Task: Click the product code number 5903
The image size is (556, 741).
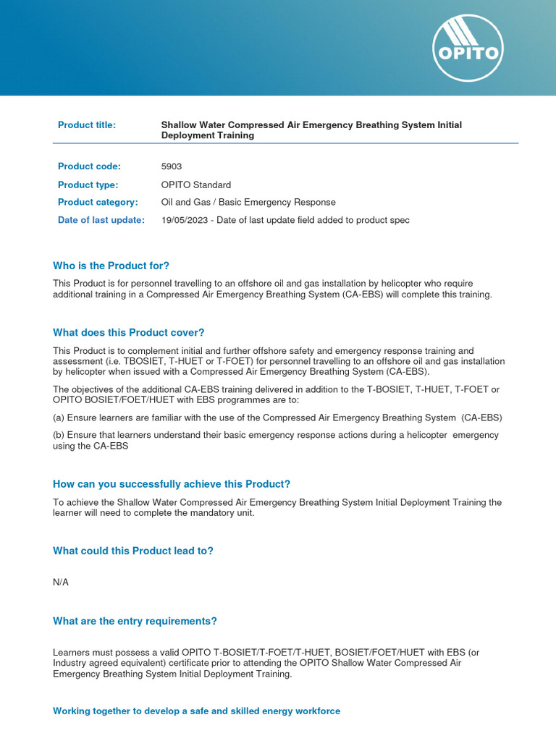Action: click(172, 166)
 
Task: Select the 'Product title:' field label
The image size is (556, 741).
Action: click(87, 125)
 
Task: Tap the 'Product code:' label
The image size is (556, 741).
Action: click(89, 166)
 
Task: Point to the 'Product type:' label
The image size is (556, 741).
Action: click(88, 185)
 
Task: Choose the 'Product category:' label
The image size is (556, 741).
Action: click(98, 202)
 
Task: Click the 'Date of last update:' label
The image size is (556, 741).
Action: click(101, 220)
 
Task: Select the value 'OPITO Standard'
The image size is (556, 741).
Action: click(196, 185)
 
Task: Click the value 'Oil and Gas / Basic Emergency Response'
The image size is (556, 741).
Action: click(248, 202)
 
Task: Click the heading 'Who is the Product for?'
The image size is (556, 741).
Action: click(111, 266)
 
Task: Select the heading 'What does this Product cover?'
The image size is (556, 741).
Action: click(129, 333)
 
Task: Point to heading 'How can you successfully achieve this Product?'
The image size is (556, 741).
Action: click(172, 484)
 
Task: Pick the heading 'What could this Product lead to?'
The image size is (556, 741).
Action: click(133, 551)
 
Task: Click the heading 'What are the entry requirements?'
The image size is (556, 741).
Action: click(135, 621)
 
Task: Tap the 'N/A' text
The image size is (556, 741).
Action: click(61, 583)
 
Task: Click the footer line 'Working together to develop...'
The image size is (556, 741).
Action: click(196, 711)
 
